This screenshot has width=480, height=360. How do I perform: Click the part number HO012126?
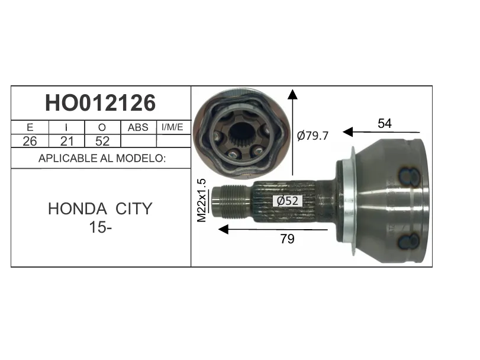(x=101, y=103)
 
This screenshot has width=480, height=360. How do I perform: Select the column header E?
(x=30, y=127)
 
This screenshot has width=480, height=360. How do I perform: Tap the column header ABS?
(x=138, y=127)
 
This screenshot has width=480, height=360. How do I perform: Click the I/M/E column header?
(x=172, y=127)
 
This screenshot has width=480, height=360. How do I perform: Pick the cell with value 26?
(x=30, y=141)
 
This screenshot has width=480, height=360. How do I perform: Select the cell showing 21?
(x=67, y=141)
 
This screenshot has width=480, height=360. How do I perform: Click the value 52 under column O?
(x=102, y=141)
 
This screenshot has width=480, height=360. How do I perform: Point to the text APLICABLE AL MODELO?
(x=102, y=158)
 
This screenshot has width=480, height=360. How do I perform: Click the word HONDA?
(x=78, y=209)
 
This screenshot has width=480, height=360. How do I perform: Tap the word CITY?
(x=134, y=209)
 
